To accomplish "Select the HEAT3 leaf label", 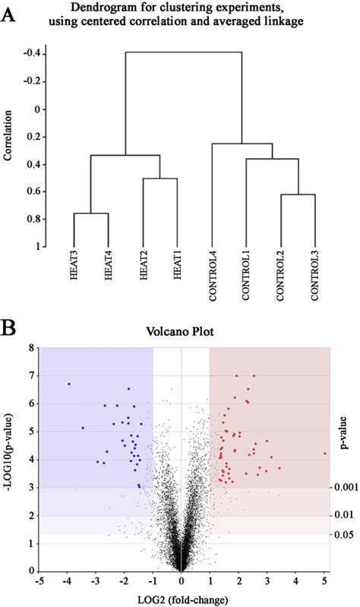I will click(x=74, y=269).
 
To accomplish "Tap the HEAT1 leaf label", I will click(x=177, y=269).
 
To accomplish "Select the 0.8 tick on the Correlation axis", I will click(x=33, y=220).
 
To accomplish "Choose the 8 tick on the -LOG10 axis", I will click(x=30, y=348).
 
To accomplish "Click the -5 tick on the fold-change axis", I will click(x=39, y=581).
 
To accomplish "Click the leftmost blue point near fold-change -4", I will click(x=69, y=384).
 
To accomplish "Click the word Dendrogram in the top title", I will click(x=111, y=9).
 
